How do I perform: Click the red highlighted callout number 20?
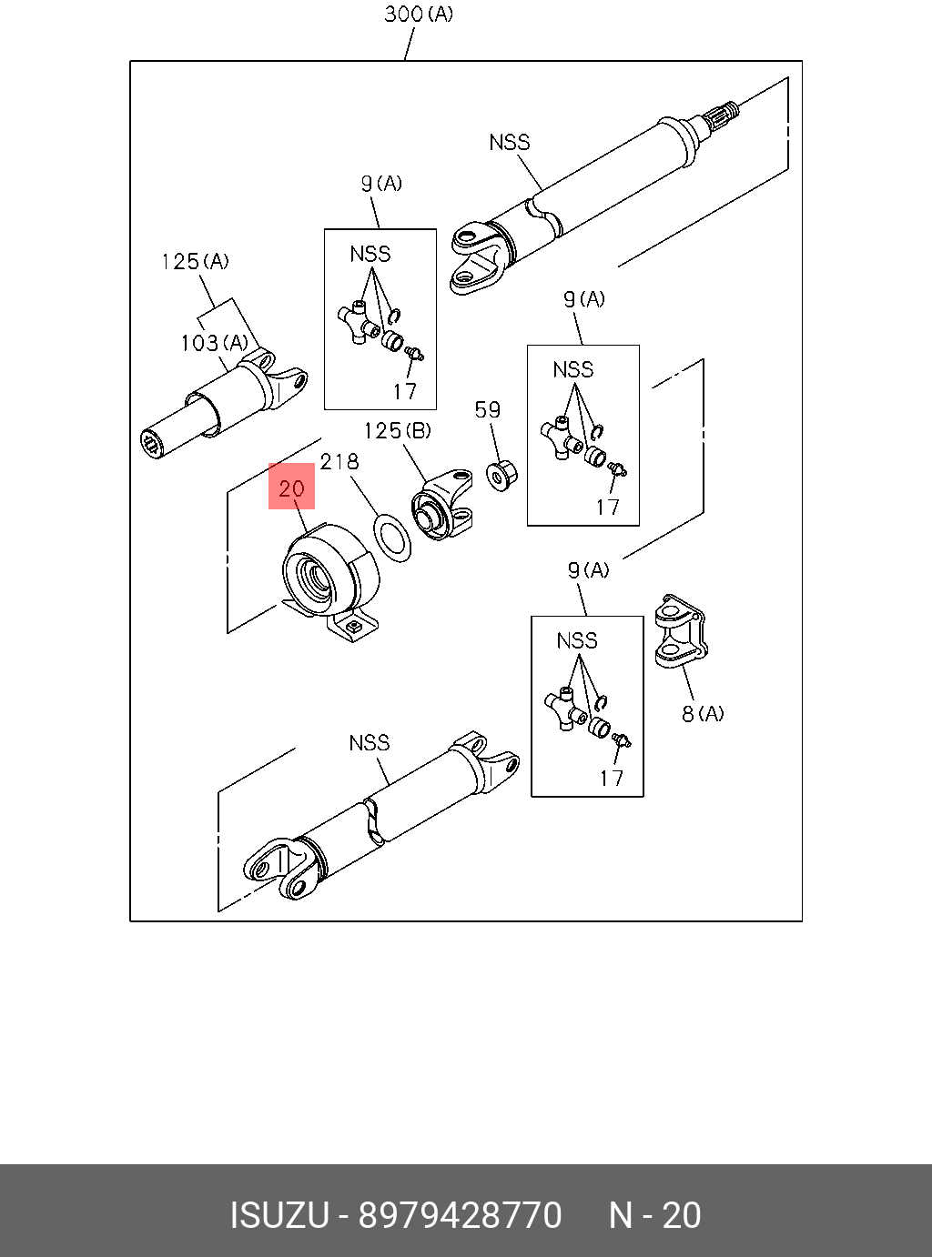tap(291, 488)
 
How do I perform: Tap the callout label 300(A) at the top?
tap(418, 15)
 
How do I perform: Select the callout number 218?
tap(339, 462)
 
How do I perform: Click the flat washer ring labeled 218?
tap(392, 538)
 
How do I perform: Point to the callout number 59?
tap(488, 409)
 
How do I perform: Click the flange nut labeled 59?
tap(501, 475)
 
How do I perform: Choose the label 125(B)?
tap(398, 430)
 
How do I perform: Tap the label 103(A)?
tap(214, 343)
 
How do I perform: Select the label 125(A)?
tap(195, 262)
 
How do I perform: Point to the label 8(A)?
tap(703, 714)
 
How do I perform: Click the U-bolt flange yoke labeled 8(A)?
tap(681, 629)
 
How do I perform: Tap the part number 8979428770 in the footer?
tap(460, 1215)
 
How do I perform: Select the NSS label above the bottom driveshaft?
tap(369, 743)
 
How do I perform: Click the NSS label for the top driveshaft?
tap(509, 142)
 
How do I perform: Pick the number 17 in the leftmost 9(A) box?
tap(405, 391)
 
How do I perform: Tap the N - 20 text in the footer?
tap(654, 1215)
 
